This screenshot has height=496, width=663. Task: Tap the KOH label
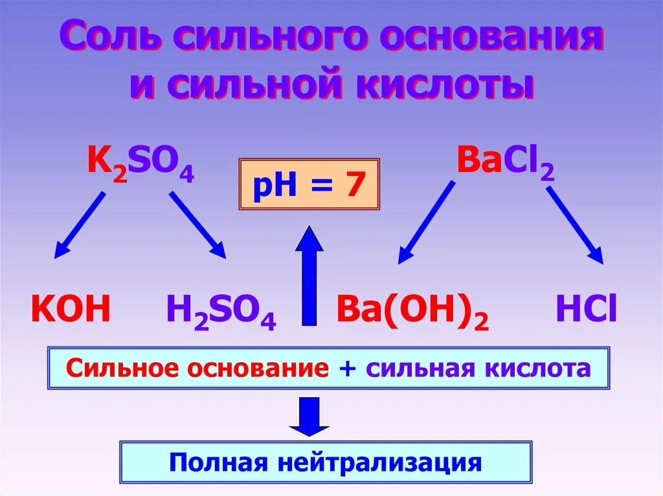coord(71,310)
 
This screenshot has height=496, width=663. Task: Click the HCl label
coord(586,310)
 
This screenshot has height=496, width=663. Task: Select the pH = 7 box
coord(309,184)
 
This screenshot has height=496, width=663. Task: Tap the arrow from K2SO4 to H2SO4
coord(198,226)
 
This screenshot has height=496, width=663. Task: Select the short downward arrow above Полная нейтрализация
coord(309,416)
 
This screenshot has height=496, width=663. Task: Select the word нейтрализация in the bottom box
coord(381,462)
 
